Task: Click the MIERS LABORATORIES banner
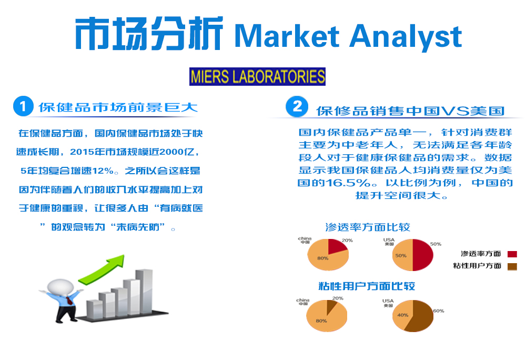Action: pyautogui.click(x=257, y=76)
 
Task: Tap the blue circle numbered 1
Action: pyautogui.click(x=23, y=106)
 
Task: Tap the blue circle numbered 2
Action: pyautogui.click(x=297, y=106)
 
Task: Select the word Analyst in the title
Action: pyautogui.click(x=406, y=37)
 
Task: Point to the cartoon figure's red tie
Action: pyautogui.click(x=69, y=301)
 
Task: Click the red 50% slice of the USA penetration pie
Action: pyautogui.click(x=423, y=255)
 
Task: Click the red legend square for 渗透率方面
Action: pyautogui.click(x=512, y=254)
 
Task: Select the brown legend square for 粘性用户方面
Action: pyautogui.click(x=512, y=266)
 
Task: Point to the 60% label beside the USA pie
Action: pyautogui.click(x=439, y=311)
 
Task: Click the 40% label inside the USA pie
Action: pyautogui.click(x=402, y=315)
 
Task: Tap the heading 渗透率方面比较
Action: pyautogui.click(x=368, y=227)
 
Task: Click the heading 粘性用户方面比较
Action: pyautogui.click(x=367, y=286)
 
